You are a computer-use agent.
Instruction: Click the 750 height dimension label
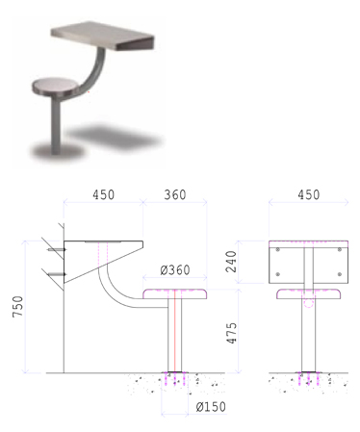tap(18, 307)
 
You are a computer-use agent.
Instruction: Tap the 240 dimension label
tap(231, 262)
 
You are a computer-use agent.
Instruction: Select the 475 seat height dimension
tap(232, 333)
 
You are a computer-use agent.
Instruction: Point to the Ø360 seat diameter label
tap(175, 270)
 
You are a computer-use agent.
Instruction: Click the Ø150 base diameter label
tap(211, 407)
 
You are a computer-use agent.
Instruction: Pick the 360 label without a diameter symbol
tap(175, 194)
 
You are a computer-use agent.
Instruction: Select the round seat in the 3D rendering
tap(55, 86)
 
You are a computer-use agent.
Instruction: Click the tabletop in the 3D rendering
tap(103, 36)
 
